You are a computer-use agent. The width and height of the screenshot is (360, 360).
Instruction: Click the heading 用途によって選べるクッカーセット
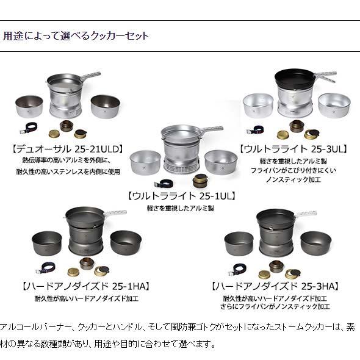tap(76, 36)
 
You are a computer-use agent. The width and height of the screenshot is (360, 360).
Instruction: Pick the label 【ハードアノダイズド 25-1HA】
tap(85, 286)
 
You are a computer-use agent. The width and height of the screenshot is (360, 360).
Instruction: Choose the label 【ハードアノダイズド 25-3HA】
tap(274, 286)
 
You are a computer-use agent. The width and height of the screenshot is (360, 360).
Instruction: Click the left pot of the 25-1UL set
tap(143, 161)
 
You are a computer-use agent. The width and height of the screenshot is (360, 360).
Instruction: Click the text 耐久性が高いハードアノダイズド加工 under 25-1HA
tap(85, 299)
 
